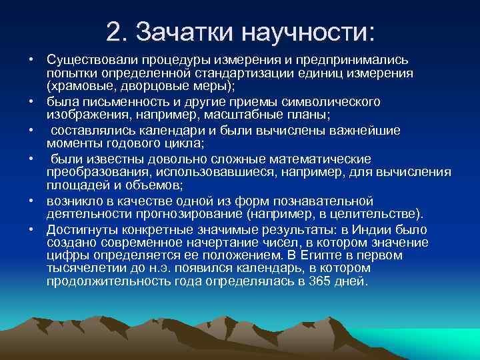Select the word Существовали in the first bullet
pyautogui.click(x=88, y=60)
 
